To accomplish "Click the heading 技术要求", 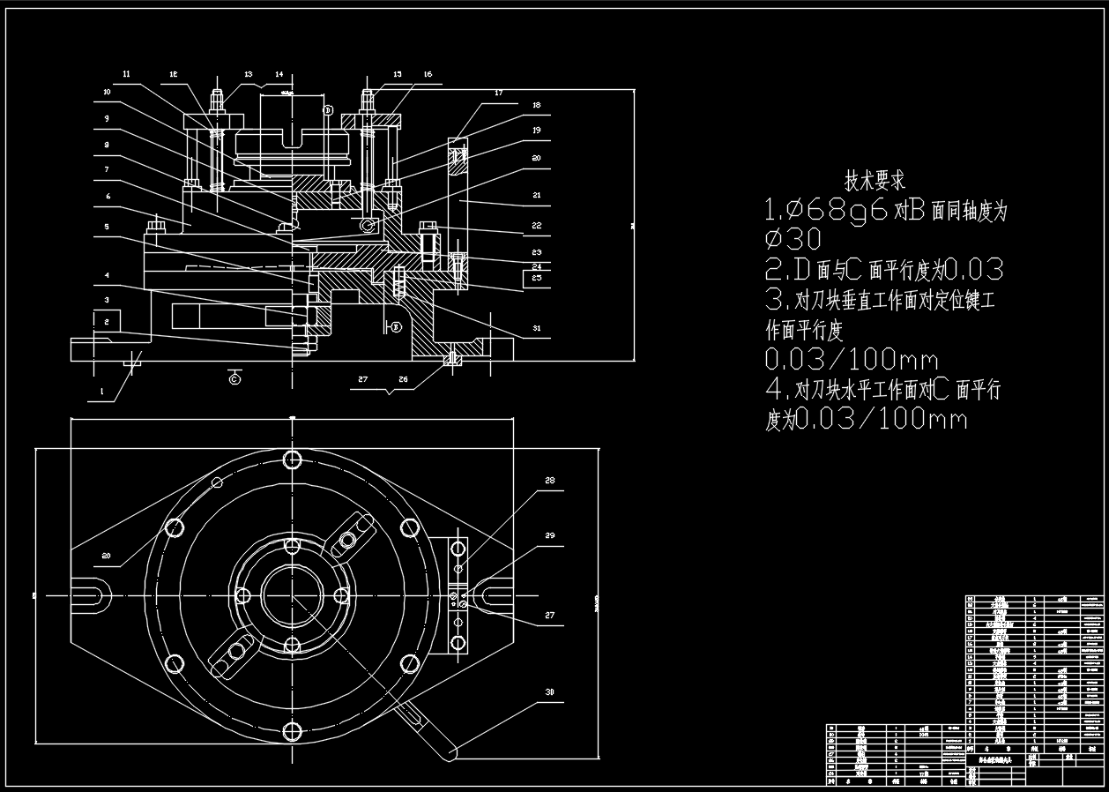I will pos(875,182).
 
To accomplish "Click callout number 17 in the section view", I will pos(498,93).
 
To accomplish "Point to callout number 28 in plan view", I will pos(549,482).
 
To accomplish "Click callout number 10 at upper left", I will pos(106,92).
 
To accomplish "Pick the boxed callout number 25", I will pos(537,279).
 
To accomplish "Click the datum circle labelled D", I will pos(327,110).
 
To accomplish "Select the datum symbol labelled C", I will pos(234,378).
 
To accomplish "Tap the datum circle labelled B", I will pos(396,327).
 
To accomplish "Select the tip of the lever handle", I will pos(448,752).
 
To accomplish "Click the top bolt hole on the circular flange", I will pos(293,459).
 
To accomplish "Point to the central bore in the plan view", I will pos(292,595).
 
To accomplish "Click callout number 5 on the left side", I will pos(106,227).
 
